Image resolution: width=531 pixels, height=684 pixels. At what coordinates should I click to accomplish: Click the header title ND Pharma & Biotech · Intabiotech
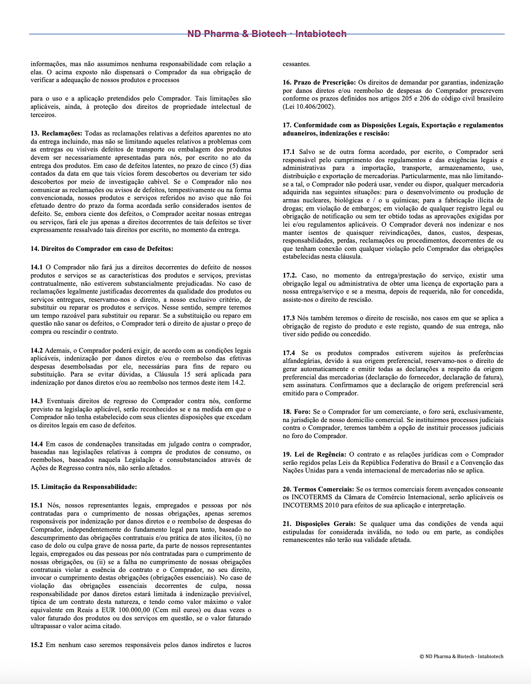click(x=267, y=34)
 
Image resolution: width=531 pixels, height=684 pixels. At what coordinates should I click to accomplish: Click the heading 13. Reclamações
click(x=57, y=133)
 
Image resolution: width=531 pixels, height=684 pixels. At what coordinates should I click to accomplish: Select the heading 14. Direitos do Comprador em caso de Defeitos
click(x=102, y=249)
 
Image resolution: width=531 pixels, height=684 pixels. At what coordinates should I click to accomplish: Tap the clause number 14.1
click(x=37, y=267)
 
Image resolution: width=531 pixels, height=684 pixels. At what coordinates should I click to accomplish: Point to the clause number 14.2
click(x=37, y=351)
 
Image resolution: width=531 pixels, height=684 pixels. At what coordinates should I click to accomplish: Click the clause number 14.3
click(x=37, y=401)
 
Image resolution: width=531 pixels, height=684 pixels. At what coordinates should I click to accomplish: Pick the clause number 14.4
click(x=37, y=444)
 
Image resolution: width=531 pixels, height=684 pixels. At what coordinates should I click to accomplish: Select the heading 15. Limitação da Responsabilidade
click(x=84, y=487)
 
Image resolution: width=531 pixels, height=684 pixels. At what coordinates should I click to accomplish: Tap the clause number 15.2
click(x=37, y=645)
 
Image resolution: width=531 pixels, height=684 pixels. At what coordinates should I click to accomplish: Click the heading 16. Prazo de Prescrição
click(x=319, y=83)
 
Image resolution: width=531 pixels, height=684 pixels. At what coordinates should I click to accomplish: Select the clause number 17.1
click(x=289, y=152)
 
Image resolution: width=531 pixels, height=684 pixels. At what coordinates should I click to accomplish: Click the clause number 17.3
click(x=289, y=318)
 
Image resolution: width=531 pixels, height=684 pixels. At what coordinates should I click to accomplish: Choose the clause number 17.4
click(x=289, y=353)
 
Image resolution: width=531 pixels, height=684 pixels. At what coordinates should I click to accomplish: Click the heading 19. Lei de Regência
click(x=314, y=454)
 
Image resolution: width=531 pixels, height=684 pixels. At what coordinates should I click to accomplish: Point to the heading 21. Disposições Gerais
click(x=320, y=524)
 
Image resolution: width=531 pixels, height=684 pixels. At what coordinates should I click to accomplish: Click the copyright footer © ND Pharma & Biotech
click(x=461, y=656)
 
